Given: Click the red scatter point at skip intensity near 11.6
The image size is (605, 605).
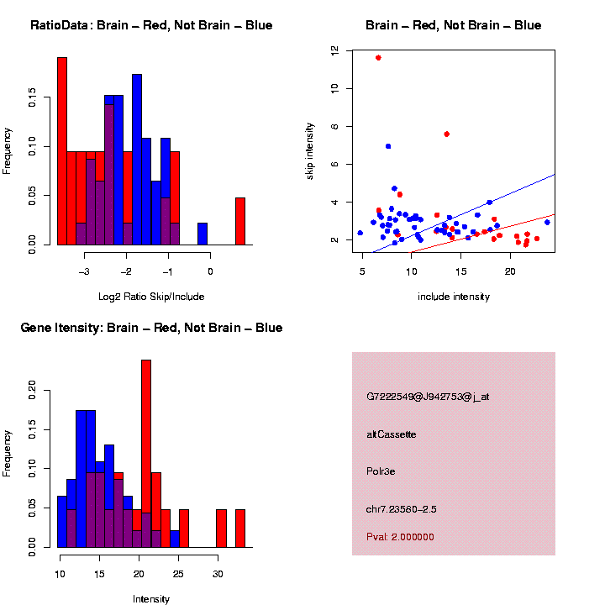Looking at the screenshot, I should (378, 58).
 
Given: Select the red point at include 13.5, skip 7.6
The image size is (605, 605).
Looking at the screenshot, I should (446, 134).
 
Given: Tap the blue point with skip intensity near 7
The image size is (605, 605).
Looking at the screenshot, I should (388, 146).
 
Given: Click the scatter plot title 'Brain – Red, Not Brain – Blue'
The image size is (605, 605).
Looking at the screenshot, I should (453, 25).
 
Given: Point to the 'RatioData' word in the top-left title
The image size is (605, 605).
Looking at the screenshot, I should (59, 25).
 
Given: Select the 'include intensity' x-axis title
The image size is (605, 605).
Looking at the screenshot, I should (454, 297).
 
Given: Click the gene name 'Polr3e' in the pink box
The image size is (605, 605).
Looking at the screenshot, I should (381, 471).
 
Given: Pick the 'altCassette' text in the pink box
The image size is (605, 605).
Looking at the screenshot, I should (391, 434).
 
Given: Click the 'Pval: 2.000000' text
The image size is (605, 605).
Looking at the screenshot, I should (400, 536).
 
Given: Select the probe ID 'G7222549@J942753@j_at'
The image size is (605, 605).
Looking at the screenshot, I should (427, 397).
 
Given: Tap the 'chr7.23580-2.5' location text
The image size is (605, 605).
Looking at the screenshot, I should (401, 509).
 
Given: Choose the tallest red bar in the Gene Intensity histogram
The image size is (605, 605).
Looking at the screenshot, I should (146, 454).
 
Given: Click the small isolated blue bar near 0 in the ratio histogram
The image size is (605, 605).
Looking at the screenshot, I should (203, 234).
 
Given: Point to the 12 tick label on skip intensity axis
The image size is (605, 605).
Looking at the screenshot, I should (334, 50).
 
